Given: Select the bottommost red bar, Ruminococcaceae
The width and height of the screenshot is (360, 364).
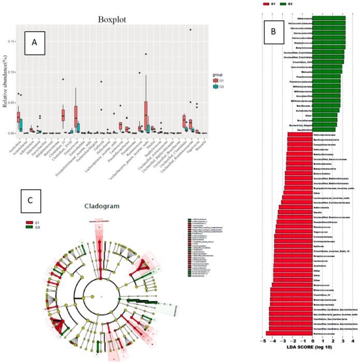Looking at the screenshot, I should pyautogui.click(x=289, y=333).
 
